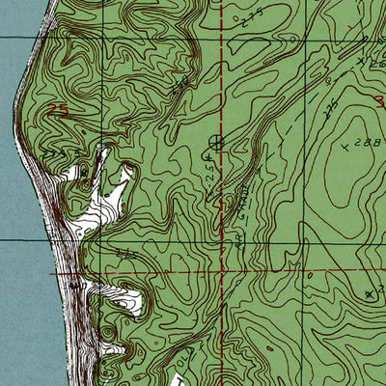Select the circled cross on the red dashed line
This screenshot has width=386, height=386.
215,143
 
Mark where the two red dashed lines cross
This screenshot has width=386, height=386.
224,272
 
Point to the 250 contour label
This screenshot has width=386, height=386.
180,89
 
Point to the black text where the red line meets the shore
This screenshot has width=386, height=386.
75,286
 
